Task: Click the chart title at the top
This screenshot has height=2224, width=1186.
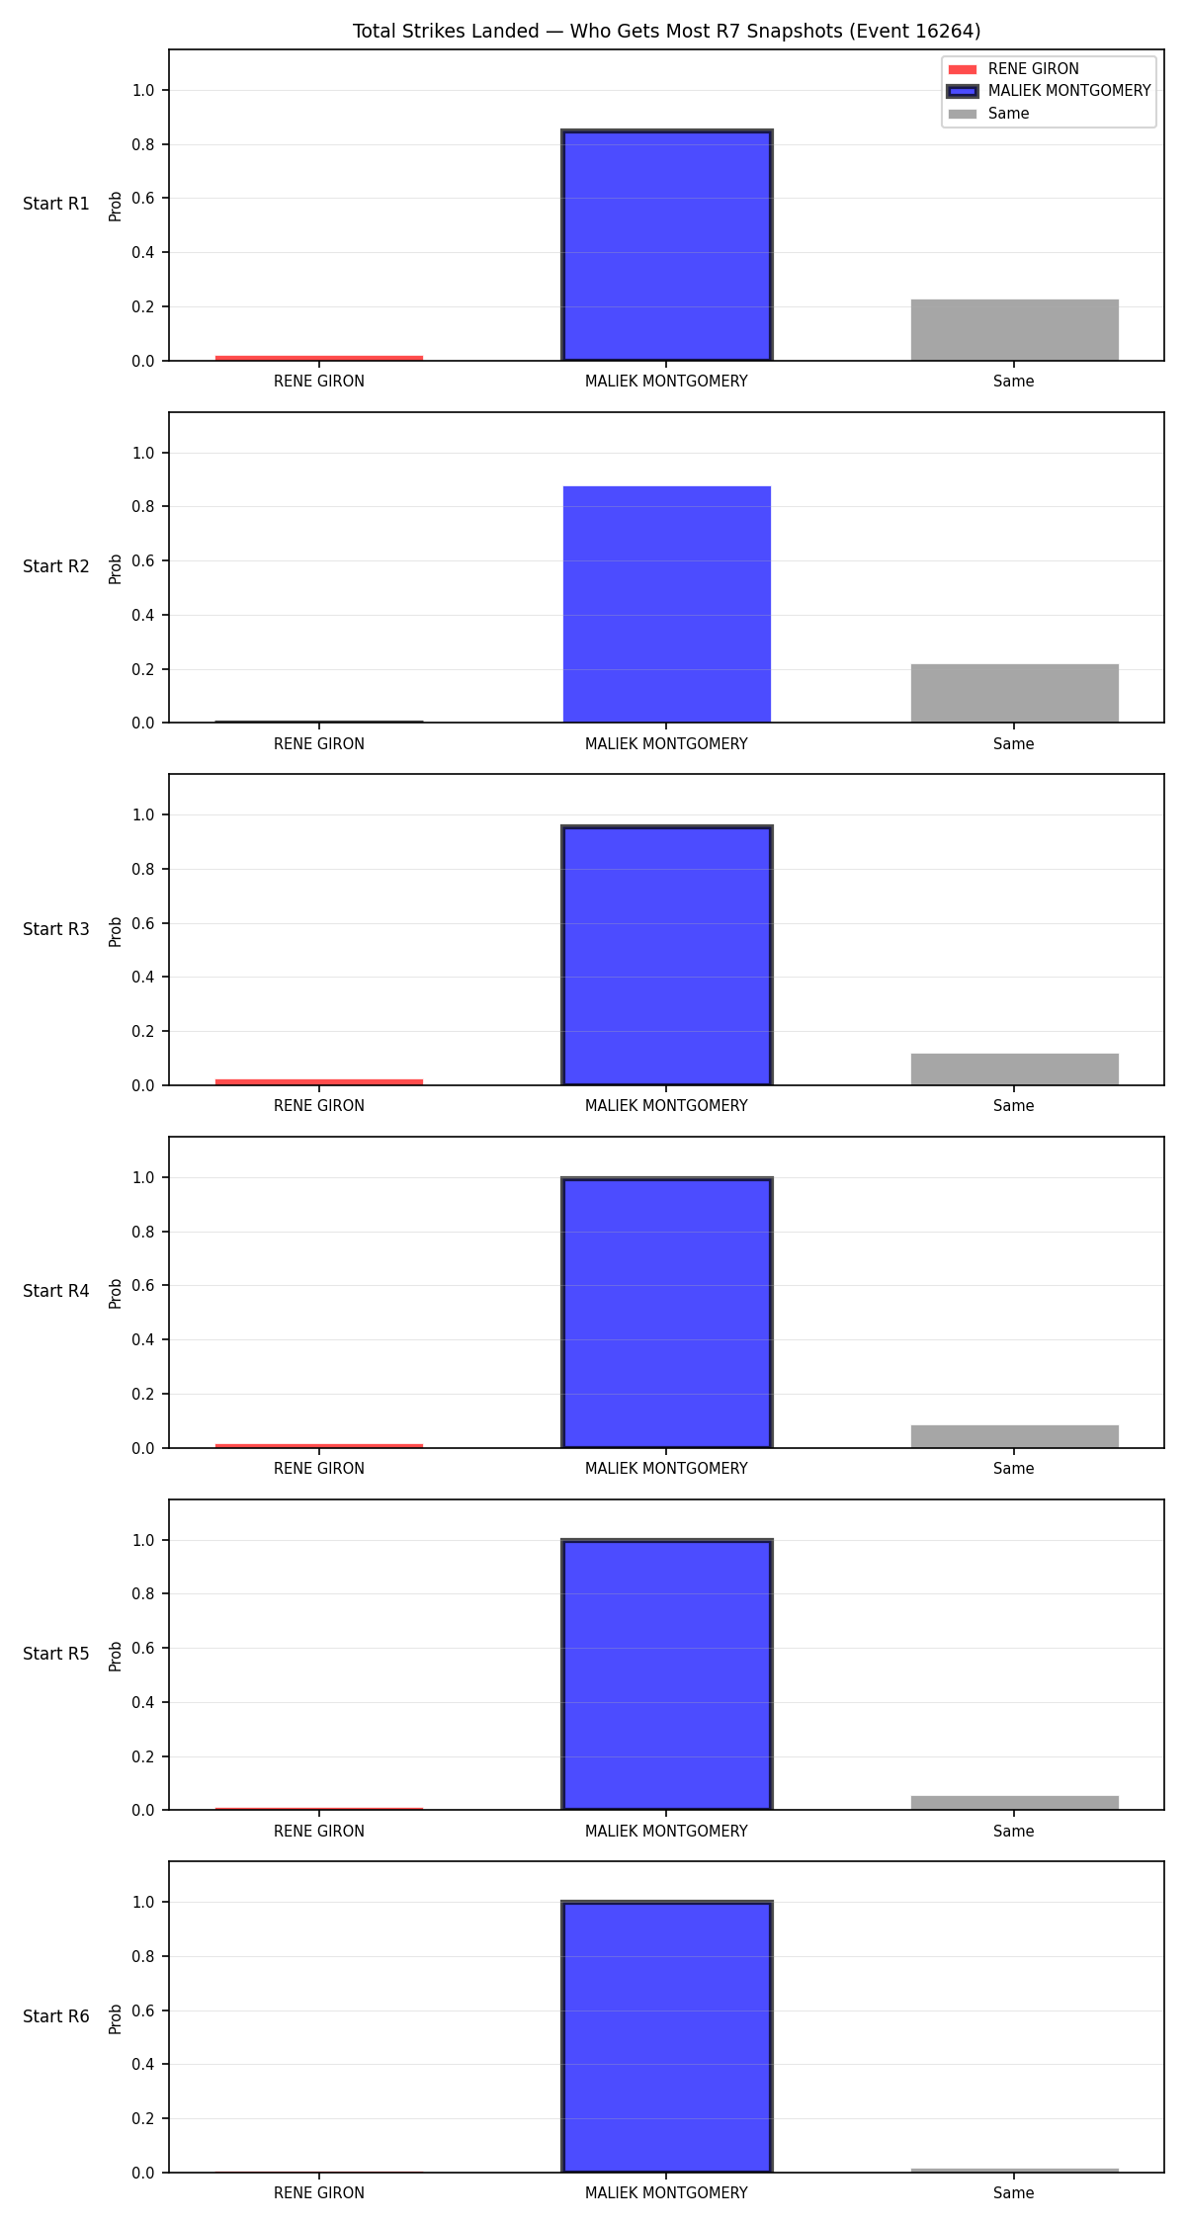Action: tap(667, 32)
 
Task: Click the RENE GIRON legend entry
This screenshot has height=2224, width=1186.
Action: tap(1013, 69)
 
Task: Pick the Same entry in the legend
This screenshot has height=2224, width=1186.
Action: tap(988, 114)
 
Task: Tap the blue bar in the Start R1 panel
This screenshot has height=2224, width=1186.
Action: tap(667, 245)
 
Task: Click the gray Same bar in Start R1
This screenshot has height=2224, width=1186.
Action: tap(1015, 330)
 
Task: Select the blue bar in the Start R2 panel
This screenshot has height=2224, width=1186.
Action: tap(667, 604)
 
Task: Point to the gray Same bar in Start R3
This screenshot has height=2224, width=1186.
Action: tap(1015, 1069)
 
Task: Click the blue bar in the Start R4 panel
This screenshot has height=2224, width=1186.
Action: tap(667, 1313)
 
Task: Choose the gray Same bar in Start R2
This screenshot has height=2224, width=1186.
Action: tap(1015, 693)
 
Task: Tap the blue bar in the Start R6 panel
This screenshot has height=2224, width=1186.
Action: tap(667, 2037)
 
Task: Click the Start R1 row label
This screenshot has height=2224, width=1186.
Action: tap(56, 204)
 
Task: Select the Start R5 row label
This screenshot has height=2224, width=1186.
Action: tap(56, 1654)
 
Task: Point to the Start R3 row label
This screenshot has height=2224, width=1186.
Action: tap(56, 929)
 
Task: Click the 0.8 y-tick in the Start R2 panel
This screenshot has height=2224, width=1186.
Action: tap(144, 507)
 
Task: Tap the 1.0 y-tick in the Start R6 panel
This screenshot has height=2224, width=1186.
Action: tap(144, 1903)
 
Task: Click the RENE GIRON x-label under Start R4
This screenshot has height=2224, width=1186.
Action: tap(319, 1469)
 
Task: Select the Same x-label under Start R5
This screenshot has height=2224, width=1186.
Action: tap(1014, 1832)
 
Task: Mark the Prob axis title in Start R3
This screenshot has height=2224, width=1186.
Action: tap(116, 931)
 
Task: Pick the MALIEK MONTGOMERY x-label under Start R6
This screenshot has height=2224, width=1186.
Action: tap(666, 2193)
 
